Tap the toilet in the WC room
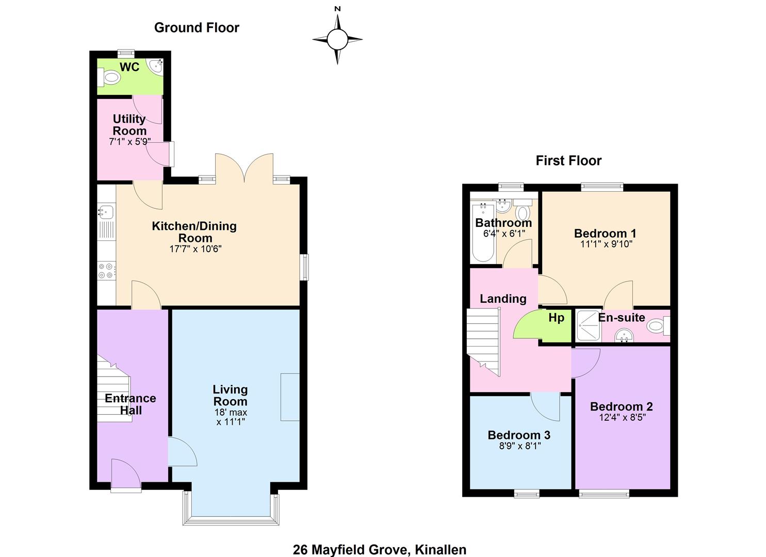pos(109,77)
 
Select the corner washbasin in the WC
pos(156,65)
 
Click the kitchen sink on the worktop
pos(106,211)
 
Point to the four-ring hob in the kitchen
pos(106,270)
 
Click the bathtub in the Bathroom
pos(483,232)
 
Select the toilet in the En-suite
pos(658,325)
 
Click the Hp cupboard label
pos(557,318)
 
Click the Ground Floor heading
pos(197,28)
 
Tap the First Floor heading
pos(568,160)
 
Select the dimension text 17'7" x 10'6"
pos(195,249)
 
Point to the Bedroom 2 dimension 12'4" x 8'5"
pos(622,417)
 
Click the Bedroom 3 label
pos(519,435)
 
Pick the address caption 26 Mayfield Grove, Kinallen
pos(380,550)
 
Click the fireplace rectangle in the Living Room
pos(290,397)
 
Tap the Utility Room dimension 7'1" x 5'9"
pos(129,141)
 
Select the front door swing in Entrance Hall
pos(126,473)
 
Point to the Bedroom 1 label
pos(605,233)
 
